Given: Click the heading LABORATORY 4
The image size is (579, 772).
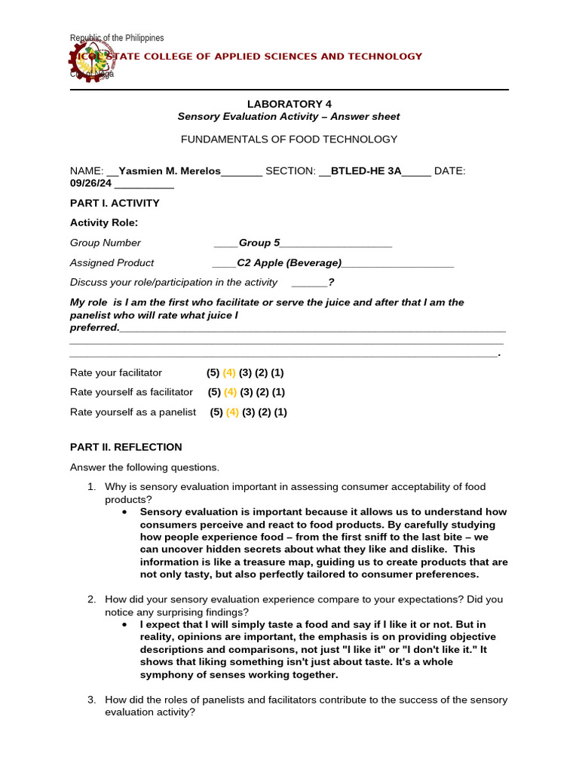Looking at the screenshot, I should [x=289, y=103].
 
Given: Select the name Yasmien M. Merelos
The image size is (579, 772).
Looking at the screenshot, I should [x=170, y=171].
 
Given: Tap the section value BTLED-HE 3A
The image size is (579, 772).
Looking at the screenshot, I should [x=366, y=171].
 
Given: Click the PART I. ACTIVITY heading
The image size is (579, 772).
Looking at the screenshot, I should [x=115, y=203].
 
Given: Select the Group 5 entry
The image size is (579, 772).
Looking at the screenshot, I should [x=259, y=243].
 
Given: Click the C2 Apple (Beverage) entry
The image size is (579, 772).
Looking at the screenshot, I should [x=289, y=263].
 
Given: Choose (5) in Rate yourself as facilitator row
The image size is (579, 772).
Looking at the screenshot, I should [x=214, y=393].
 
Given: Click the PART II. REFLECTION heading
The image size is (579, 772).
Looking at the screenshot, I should [x=126, y=447].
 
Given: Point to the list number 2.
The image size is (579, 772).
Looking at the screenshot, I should [x=91, y=599].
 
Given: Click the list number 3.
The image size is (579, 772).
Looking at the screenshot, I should [x=91, y=700].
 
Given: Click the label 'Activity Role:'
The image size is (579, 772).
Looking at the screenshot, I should [x=104, y=222].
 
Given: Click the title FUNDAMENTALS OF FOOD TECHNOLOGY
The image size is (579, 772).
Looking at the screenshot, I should [x=289, y=139].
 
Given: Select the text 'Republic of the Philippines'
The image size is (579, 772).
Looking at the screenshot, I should [x=117, y=38].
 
